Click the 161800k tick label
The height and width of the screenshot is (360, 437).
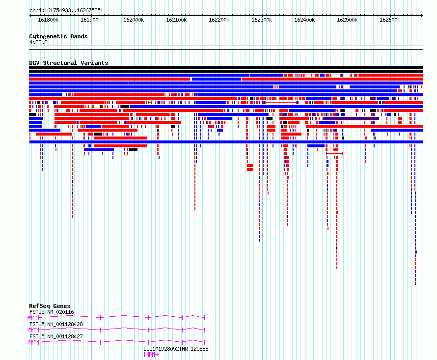pos(48,20)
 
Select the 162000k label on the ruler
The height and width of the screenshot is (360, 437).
pos(134,20)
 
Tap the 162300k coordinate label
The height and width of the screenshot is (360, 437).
pos(262,20)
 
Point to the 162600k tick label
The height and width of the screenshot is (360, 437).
pos(390,20)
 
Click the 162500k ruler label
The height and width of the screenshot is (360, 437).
pos(347,20)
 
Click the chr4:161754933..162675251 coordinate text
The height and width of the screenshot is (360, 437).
pos(66,11)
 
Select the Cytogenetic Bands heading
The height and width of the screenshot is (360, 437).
pos(58,36)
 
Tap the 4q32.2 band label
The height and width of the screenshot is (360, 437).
pos(38,42)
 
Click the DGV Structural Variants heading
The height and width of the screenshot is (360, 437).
pos(69,63)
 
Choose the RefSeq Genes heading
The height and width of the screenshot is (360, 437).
pos(50,306)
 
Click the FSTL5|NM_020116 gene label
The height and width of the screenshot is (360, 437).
pos(52,312)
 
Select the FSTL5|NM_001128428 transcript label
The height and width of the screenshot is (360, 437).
pos(56,324)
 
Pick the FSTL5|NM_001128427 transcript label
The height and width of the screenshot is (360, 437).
pos(56,336)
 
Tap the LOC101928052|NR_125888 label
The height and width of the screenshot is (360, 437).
pos(176,349)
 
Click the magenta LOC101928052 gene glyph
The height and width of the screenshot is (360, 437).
pos(151,355)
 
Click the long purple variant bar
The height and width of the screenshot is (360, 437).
pos(351,118)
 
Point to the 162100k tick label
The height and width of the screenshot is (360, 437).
pos(176,20)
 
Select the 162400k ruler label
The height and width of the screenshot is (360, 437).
pos(304,20)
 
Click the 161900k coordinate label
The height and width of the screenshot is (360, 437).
pos(91,20)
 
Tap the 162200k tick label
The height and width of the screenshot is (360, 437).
pos(219,20)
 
